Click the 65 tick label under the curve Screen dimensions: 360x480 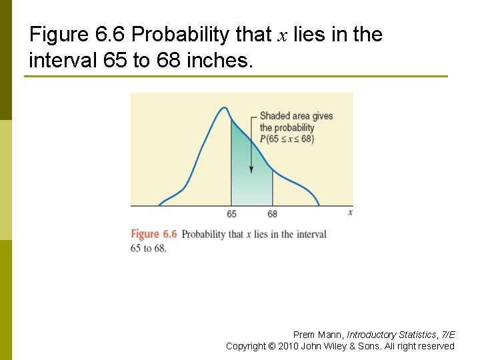click(x=231, y=214)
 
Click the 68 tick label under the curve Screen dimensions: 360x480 click(x=273, y=214)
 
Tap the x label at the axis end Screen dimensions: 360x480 click(x=350, y=212)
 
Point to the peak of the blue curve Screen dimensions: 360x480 click(x=225, y=107)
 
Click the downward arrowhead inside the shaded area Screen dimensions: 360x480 click(x=251, y=169)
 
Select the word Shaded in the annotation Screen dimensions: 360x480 click(x=275, y=116)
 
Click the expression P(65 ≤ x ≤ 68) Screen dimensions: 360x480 click(x=287, y=139)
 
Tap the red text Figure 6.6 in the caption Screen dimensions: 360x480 click(x=154, y=234)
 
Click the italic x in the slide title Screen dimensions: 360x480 click(x=282, y=35)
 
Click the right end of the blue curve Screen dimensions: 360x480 click(x=319, y=204)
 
